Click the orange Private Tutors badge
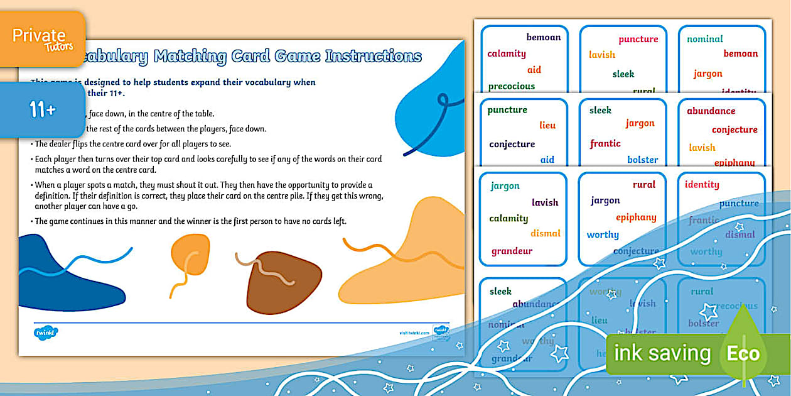pyautogui.click(x=43, y=38)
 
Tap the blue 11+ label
pyautogui.click(x=43, y=110)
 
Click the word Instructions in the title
pyautogui.click(x=373, y=57)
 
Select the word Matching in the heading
pyautogui.click(x=190, y=57)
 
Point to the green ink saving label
pyautogui.click(x=662, y=354)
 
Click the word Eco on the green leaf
pyautogui.click(x=743, y=354)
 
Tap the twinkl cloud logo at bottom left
pyautogui.click(x=46, y=333)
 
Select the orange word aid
pyautogui.click(x=534, y=70)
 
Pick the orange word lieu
pyautogui.click(x=547, y=125)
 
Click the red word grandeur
pyautogui.click(x=512, y=251)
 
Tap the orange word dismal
pyautogui.click(x=545, y=233)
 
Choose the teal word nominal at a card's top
pyautogui.click(x=704, y=39)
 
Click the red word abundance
pyautogui.click(x=711, y=111)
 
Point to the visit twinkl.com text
pyautogui.click(x=414, y=333)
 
